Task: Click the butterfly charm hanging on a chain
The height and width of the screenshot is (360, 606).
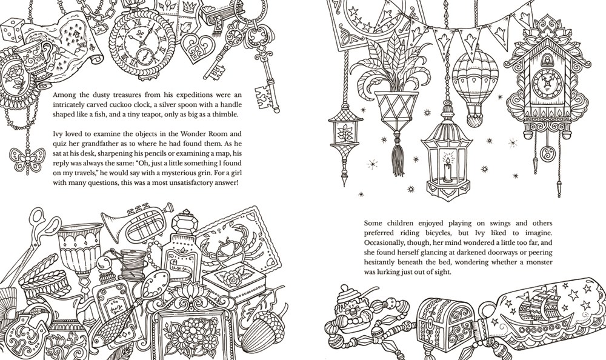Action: pos(27,159)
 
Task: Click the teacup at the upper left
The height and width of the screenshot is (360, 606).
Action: pos(35,59)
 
